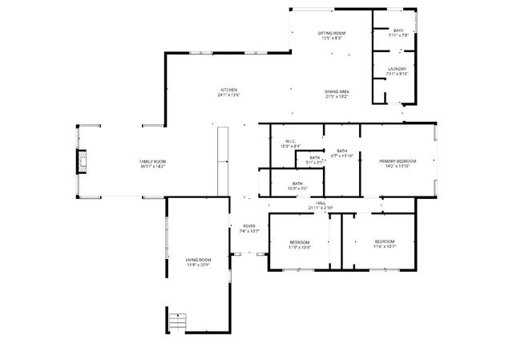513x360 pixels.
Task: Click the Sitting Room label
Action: point(331,33)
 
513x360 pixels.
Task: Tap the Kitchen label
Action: point(229,89)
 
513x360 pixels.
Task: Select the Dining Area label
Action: point(337,91)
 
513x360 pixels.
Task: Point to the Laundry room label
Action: point(397,69)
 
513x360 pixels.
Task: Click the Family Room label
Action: point(152,162)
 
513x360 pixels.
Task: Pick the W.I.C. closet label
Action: point(290,143)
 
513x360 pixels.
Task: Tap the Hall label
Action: point(320,203)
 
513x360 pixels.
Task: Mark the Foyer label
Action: point(248,226)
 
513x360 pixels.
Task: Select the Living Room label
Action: point(198,260)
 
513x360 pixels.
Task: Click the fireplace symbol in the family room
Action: point(81,163)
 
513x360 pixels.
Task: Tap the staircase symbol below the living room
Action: point(176,321)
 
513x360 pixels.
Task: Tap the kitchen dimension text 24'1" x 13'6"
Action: point(229,95)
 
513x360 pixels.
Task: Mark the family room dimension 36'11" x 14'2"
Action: point(152,167)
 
